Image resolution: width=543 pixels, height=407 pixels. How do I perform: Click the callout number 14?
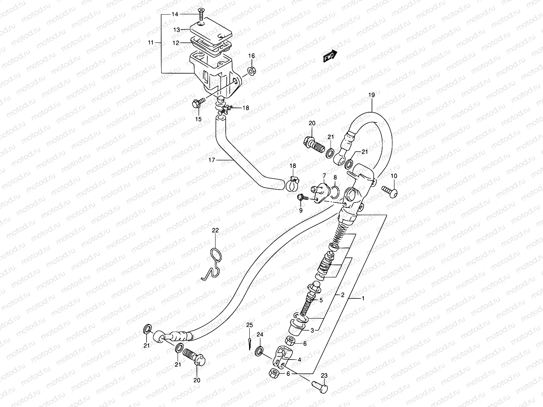(x=175, y=14)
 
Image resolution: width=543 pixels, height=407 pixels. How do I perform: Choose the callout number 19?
(x=371, y=95)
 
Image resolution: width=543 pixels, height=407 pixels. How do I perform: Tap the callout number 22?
(x=216, y=230)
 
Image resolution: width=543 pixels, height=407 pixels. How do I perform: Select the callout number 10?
(x=394, y=176)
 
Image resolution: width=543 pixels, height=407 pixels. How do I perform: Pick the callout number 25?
(x=249, y=325)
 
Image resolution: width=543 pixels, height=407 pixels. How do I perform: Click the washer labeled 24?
(x=260, y=351)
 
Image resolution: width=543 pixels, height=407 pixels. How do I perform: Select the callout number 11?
(x=151, y=43)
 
